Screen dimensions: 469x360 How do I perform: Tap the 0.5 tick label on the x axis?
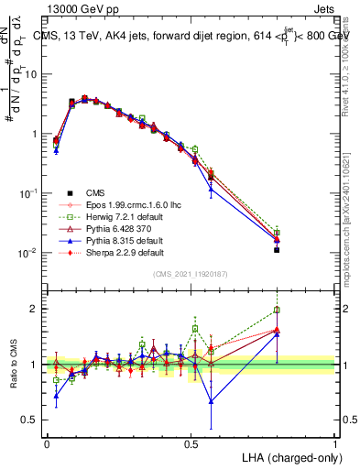point(191,442)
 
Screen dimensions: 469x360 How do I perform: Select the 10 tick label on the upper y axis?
point(31,74)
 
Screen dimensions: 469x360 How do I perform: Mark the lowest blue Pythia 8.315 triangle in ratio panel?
point(212,401)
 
